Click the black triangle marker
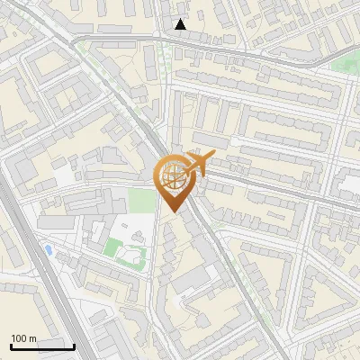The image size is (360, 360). [x=181, y=24]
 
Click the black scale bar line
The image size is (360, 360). [x=42, y=346]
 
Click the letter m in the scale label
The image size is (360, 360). [x=31, y=337]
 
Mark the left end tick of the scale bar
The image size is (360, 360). [x=11, y=346]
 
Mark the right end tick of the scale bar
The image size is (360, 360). [x=74, y=346]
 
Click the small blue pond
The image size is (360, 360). [x=47, y=248]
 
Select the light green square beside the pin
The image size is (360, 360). [x=139, y=200]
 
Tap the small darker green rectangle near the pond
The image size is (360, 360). [x=112, y=246]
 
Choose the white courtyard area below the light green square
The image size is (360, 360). [x=142, y=225]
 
